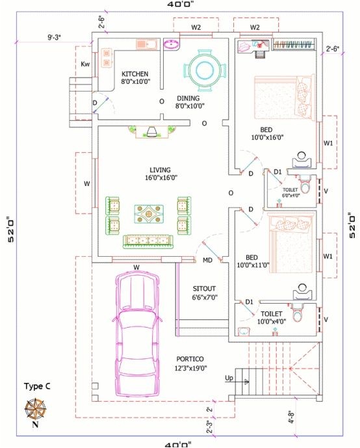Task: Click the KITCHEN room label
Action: tap(135, 74)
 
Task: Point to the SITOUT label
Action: tap(204, 288)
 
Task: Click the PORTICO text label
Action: tap(190, 359)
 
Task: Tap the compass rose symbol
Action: tap(35, 409)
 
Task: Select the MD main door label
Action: tap(207, 261)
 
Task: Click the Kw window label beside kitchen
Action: tap(85, 64)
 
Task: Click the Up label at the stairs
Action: tap(228, 378)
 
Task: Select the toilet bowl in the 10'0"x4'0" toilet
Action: tap(298, 315)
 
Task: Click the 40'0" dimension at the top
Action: tap(181, 4)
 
